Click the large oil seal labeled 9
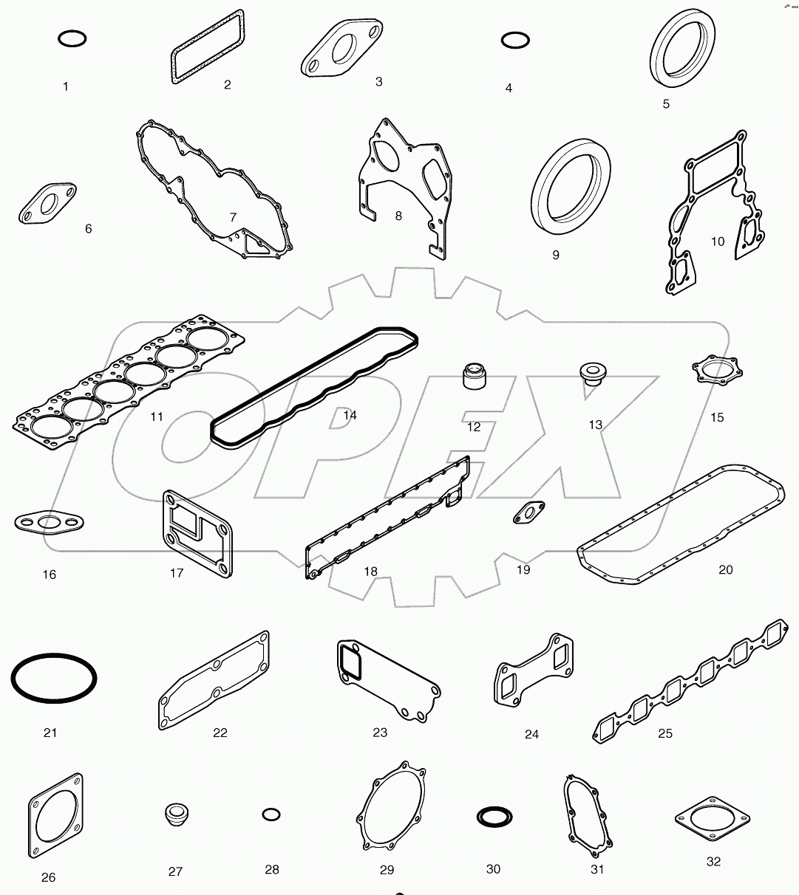[x=571, y=182]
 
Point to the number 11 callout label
[x=157, y=416]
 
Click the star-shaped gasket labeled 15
[x=715, y=370]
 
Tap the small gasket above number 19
[x=529, y=512]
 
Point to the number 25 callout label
[x=665, y=733]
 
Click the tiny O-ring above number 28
[x=271, y=815]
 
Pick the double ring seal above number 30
[x=492, y=817]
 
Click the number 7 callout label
[x=233, y=217]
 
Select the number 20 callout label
[x=726, y=569]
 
